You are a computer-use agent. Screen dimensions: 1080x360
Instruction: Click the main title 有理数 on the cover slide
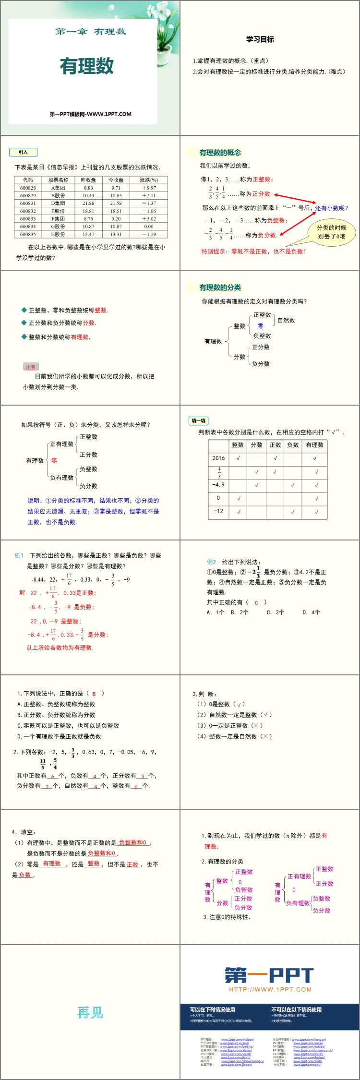(x=87, y=66)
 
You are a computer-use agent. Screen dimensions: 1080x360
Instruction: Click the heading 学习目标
(x=260, y=39)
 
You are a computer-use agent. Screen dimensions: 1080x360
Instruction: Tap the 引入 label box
(x=23, y=152)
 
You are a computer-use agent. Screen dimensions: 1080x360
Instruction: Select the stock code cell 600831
(x=28, y=203)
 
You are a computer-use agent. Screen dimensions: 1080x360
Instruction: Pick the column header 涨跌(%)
(x=149, y=180)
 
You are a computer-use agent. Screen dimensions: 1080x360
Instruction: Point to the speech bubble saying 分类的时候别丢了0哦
(x=331, y=232)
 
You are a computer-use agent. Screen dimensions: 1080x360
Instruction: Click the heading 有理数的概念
(x=220, y=153)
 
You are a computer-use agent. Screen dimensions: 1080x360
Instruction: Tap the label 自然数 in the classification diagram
(x=286, y=320)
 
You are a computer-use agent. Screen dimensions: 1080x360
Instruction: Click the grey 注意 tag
(x=30, y=367)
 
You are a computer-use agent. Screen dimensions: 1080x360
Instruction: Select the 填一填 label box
(x=199, y=421)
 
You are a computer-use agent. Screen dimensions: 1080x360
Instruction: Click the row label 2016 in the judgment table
(x=218, y=458)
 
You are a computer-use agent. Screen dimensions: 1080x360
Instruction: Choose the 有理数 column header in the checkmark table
(x=314, y=445)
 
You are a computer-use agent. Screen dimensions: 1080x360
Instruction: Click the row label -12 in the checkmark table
(x=218, y=511)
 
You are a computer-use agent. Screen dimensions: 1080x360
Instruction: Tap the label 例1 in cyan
(x=19, y=555)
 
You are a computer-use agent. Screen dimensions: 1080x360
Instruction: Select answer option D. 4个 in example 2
(x=311, y=612)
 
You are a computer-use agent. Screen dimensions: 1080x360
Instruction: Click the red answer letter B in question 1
(x=94, y=694)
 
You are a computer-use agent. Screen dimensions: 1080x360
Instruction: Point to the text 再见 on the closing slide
(x=90, y=1012)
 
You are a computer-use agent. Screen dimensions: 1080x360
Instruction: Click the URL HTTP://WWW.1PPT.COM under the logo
(x=270, y=989)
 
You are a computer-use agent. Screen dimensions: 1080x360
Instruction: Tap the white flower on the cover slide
(x=168, y=24)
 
